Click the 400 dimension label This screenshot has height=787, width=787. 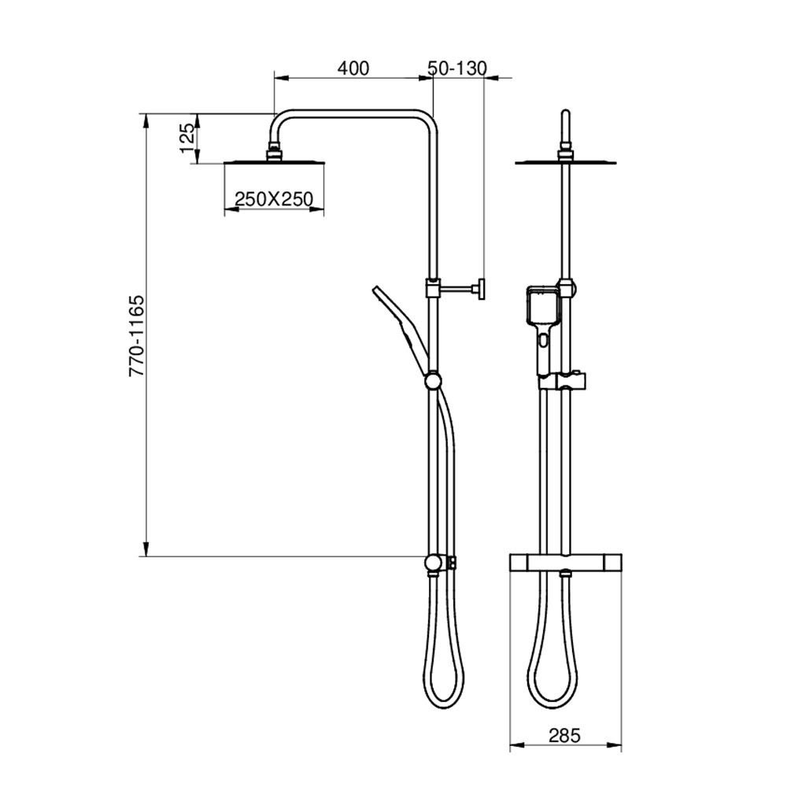tap(353, 68)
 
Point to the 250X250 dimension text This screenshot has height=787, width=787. tap(274, 199)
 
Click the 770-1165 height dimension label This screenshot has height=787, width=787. tap(136, 336)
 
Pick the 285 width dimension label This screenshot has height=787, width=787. tap(564, 736)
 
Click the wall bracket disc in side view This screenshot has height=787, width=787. tap(482, 289)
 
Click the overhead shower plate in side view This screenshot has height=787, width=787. tap(274, 163)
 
